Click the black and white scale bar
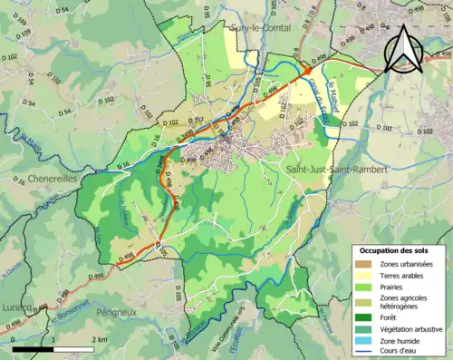[53, 348]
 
